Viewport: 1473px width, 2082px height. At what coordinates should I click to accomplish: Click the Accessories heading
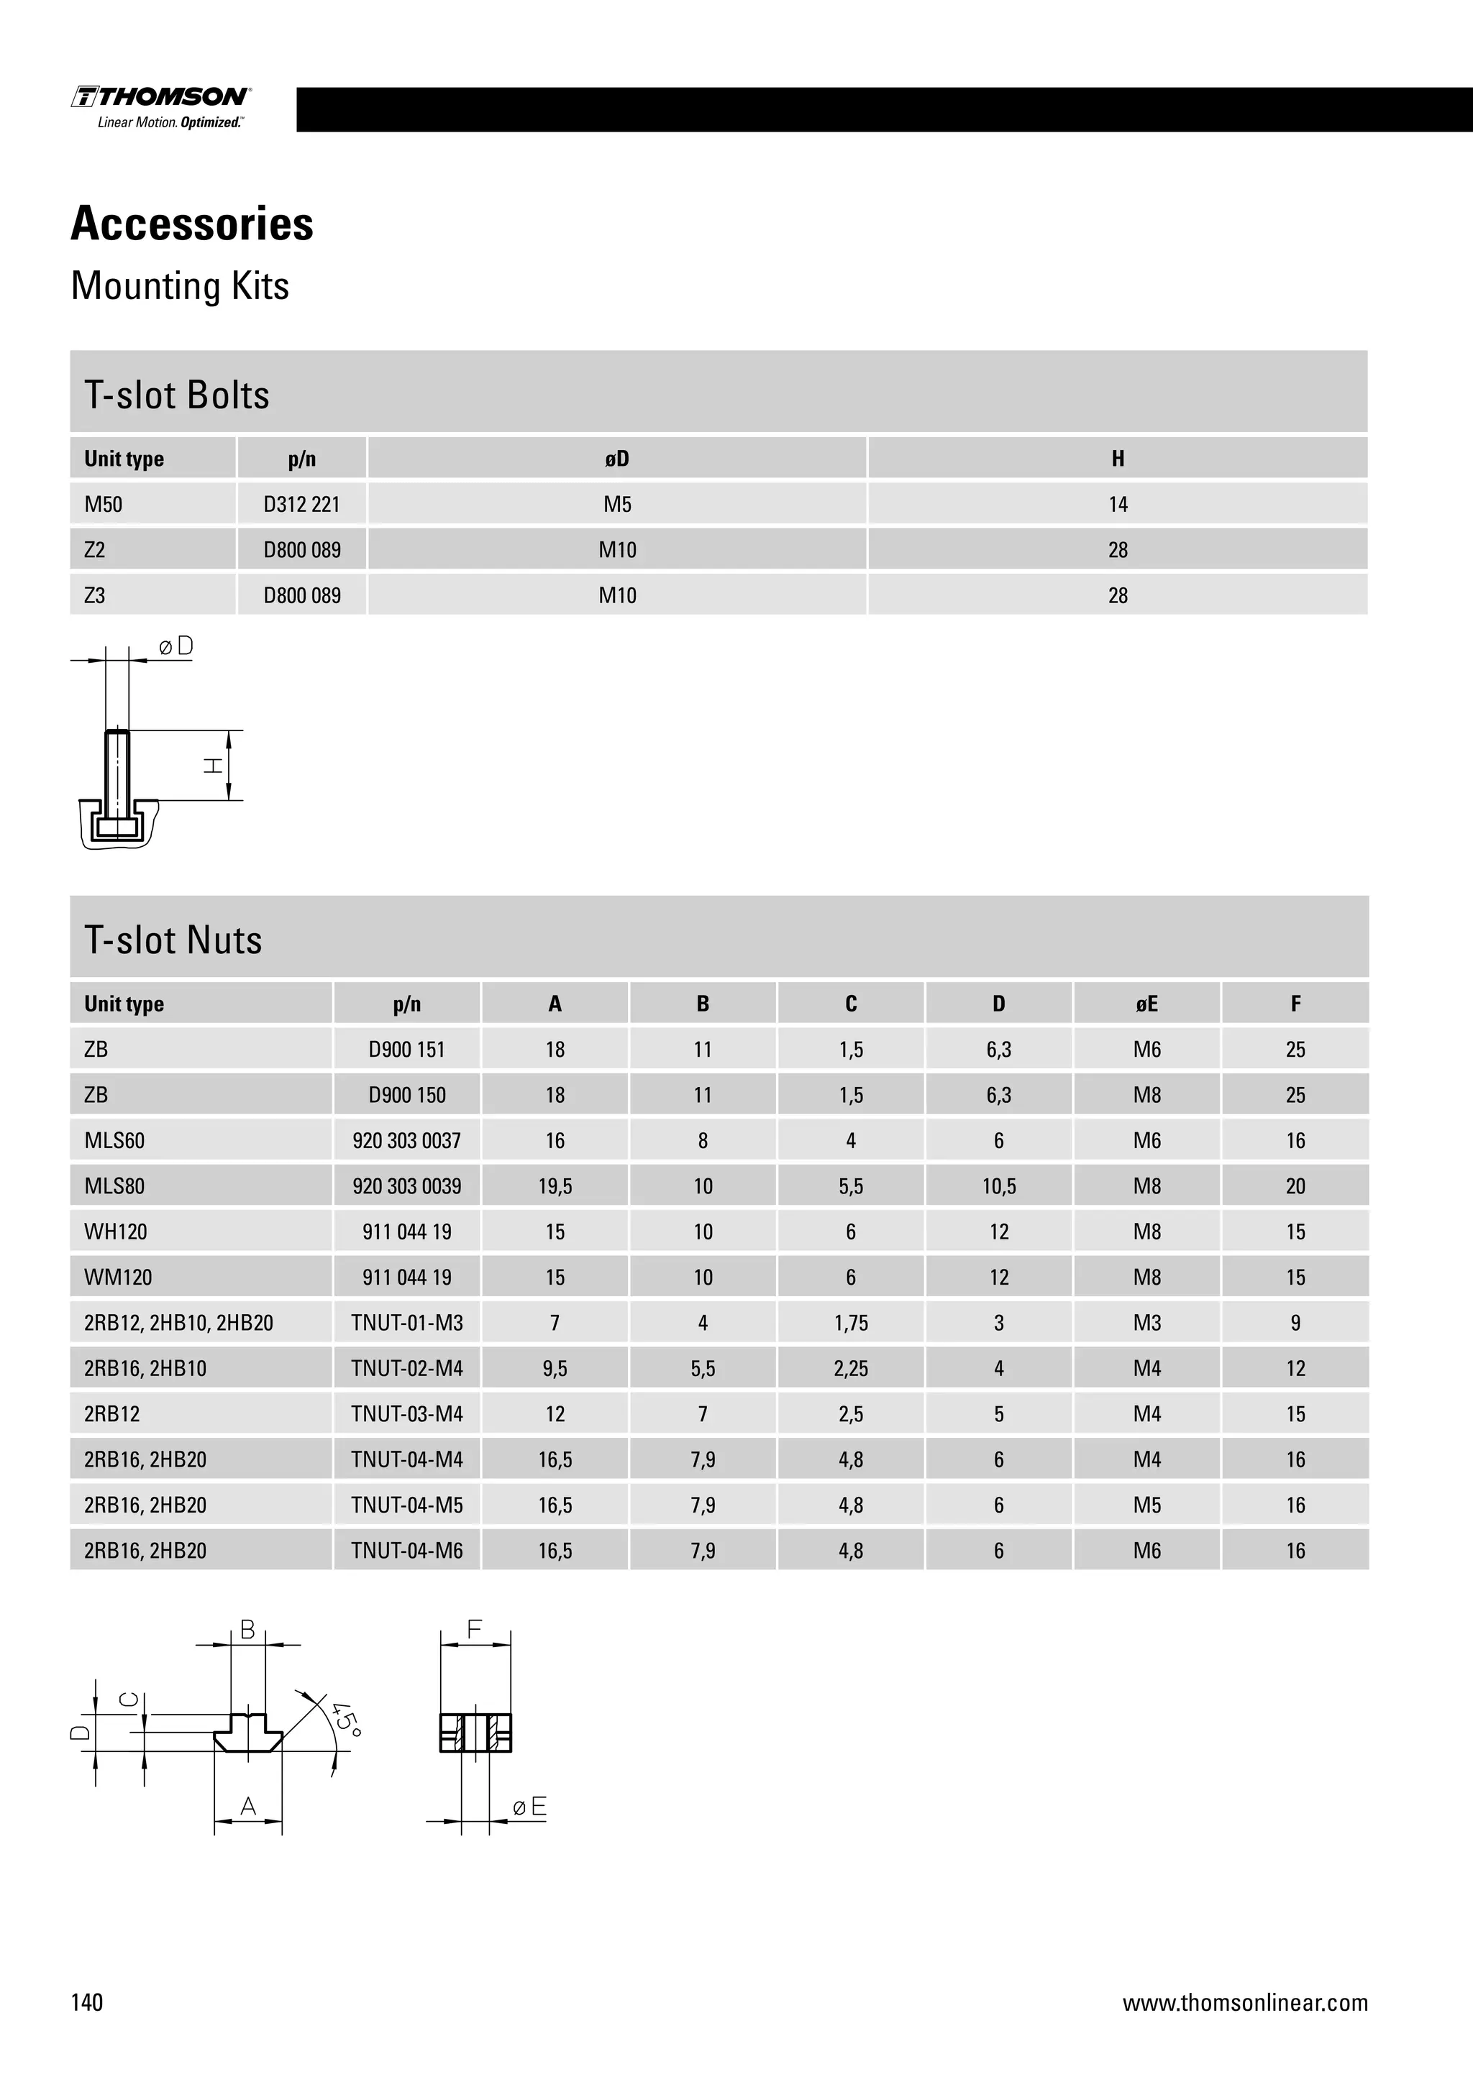pos(192,224)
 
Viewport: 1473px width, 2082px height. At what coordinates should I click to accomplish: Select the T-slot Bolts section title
pos(177,395)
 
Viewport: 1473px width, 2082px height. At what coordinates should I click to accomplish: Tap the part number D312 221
pos(301,504)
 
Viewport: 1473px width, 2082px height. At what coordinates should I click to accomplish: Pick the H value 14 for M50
pos(1118,504)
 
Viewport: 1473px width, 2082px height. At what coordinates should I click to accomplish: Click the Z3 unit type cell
pos(94,596)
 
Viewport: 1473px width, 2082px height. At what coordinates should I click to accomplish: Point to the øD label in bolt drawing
pos(176,646)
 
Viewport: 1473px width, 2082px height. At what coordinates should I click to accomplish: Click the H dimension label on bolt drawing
pos(213,766)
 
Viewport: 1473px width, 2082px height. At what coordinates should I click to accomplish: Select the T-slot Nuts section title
pos(173,940)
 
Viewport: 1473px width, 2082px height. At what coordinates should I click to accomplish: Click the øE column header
pos(1146,1004)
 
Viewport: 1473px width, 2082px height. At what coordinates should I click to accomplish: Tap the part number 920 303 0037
pos(406,1141)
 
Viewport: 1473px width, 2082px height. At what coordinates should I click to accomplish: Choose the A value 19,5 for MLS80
pos(555,1186)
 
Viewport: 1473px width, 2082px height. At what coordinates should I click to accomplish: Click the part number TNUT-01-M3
pos(406,1323)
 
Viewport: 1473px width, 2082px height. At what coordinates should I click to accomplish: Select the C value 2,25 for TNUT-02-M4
pos(850,1368)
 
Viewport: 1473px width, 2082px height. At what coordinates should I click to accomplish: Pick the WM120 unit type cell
pos(118,1278)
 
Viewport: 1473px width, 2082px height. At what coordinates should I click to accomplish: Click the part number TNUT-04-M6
pos(406,1551)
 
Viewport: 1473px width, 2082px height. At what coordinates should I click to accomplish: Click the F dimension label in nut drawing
pos(475,1630)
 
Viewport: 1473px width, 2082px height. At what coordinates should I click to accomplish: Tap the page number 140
pos(87,2002)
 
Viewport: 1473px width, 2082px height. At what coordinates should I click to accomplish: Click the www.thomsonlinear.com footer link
pos(1244,2002)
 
